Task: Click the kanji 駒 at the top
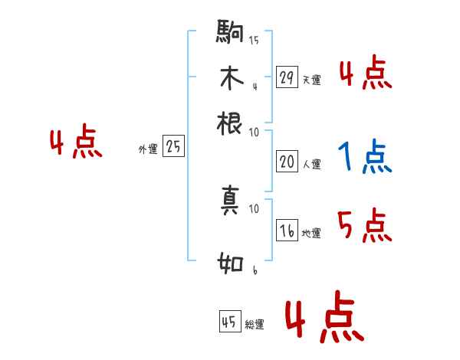click(230, 33)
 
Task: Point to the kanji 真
click(230, 201)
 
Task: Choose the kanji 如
click(230, 265)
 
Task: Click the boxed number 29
click(287, 77)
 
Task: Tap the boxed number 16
click(287, 231)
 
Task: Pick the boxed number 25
click(173, 146)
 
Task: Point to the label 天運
click(311, 80)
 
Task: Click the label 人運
click(311, 164)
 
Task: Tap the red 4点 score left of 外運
click(75, 143)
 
